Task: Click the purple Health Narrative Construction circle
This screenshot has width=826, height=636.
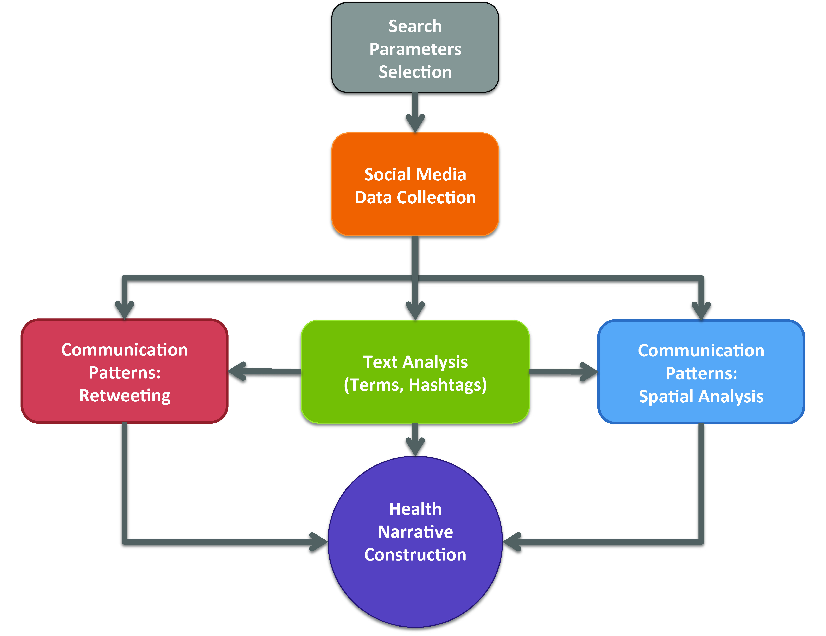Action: click(x=415, y=541)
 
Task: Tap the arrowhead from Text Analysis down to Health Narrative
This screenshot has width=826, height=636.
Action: click(x=415, y=446)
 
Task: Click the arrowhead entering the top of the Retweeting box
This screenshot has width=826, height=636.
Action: click(x=125, y=309)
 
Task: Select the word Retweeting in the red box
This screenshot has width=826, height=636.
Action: click(x=125, y=396)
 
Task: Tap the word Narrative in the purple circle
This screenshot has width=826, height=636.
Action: click(x=415, y=532)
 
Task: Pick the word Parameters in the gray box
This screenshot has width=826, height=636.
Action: click(x=415, y=49)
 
